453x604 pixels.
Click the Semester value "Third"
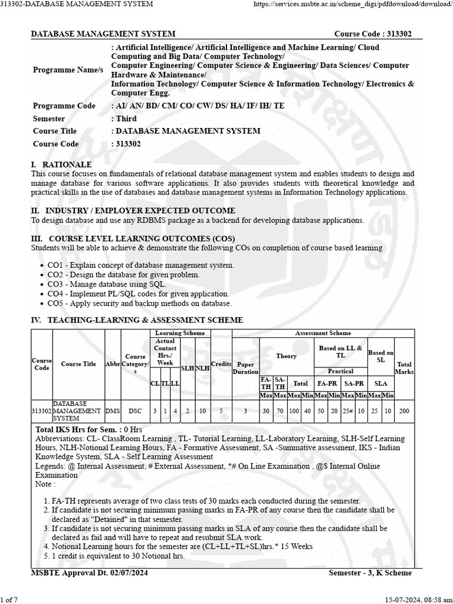[126, 119]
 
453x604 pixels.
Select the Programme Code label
[64, 106]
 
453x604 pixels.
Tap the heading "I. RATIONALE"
[61, 165]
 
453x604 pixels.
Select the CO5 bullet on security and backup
[139, 303]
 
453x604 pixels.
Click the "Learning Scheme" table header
[180, 333]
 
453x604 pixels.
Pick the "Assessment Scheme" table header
[323, 333]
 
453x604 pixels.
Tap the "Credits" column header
[221, 365]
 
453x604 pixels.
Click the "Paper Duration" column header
[245, 368]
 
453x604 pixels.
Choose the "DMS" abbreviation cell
[112, 411]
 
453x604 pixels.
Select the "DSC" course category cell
[135, 411]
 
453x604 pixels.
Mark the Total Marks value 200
[404, 411]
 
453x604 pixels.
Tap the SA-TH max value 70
[280, 411]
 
